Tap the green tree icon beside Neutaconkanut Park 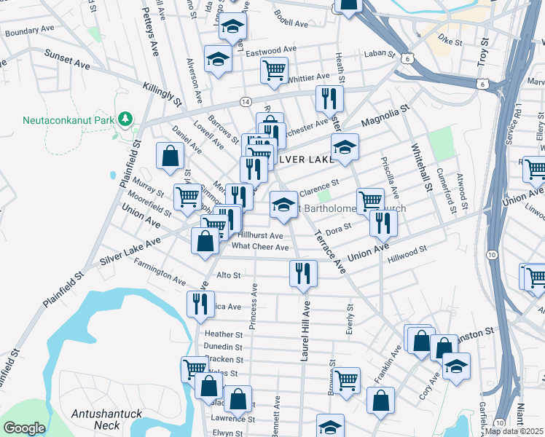click(x=126, y=118)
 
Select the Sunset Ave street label click(x=67, y=60)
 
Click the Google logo click(x=24, y=428)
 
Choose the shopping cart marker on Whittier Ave click(x=274, y=71)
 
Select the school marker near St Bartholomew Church click(x=283, y=204)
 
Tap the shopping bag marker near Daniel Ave click(x=170, y=156)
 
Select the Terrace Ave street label click(x=330, y=252)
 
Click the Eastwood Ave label click(x=271, y=50)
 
